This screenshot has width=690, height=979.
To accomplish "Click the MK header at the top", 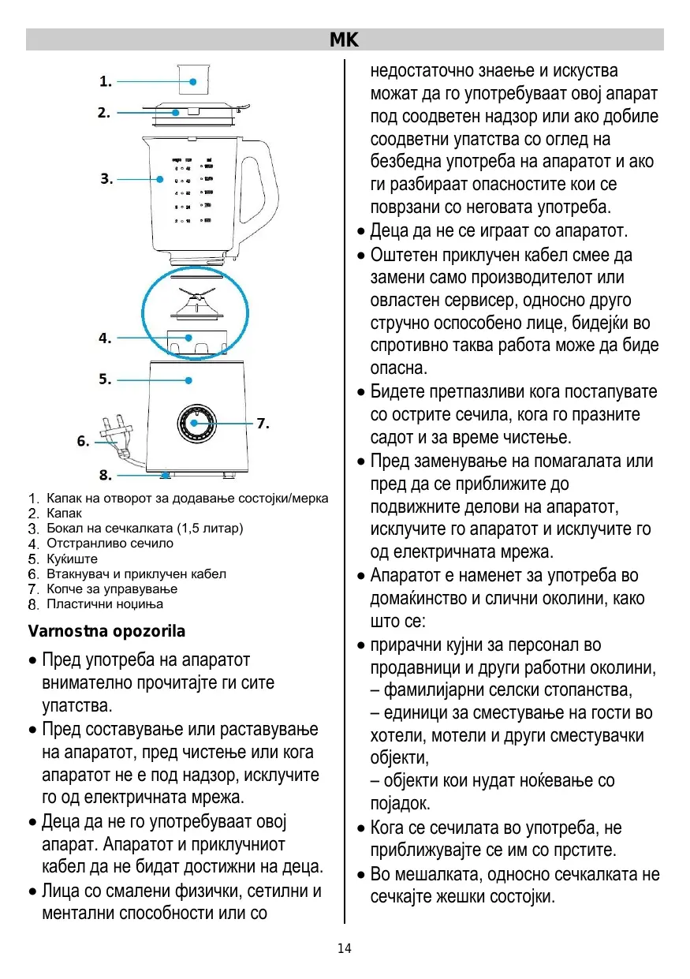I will pos(345,39).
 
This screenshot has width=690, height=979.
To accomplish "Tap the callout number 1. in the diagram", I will pos(105,81).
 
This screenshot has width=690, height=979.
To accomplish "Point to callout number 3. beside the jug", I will pos(106,179).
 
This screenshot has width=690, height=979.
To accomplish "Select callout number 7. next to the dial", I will pos(263,424).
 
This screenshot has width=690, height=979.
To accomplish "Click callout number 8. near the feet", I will pos(105,476).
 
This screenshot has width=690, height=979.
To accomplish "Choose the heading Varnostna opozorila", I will pos(106,632).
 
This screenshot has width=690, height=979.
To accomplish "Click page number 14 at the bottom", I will pos(345,948).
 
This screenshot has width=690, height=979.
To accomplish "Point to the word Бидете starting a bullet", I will pos(398,392).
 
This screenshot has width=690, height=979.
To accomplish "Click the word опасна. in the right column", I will pos(399,368).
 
